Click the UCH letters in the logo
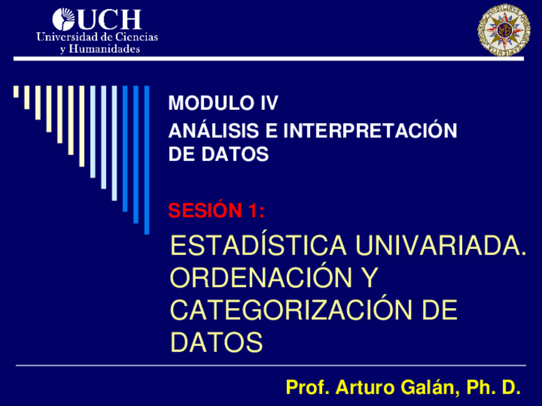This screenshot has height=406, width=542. coord(109,20)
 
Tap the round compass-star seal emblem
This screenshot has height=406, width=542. coord(504,30)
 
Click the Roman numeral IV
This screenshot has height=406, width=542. coord(269,103)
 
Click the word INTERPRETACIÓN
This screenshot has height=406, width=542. coord(370,130)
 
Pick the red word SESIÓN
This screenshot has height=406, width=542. coord(205,210)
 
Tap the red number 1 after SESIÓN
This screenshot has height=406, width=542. coord(256,211)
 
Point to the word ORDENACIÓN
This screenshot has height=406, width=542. coord(261,277)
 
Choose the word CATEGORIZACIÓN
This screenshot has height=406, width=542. coord(291,310)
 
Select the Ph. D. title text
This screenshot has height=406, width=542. coord(493,387)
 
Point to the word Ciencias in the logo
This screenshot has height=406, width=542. coord(136,36)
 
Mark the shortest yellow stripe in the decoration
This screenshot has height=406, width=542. coord(16,92)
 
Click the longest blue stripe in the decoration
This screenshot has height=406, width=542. coord(146,160)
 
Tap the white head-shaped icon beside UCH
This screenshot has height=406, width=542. coord(64,20)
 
